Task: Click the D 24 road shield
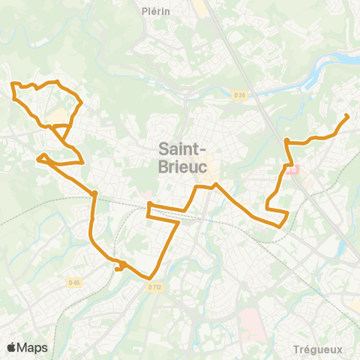point(239,94)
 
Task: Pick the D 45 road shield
point(73,282)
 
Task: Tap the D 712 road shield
point(154,286)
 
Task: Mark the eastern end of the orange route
point(346,115)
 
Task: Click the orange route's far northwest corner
point(13,84)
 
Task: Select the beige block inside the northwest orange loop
point(55,114)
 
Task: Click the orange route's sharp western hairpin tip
point(37,158)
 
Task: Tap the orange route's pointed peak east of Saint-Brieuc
point(216,184)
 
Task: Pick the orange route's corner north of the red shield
point(286,139)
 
